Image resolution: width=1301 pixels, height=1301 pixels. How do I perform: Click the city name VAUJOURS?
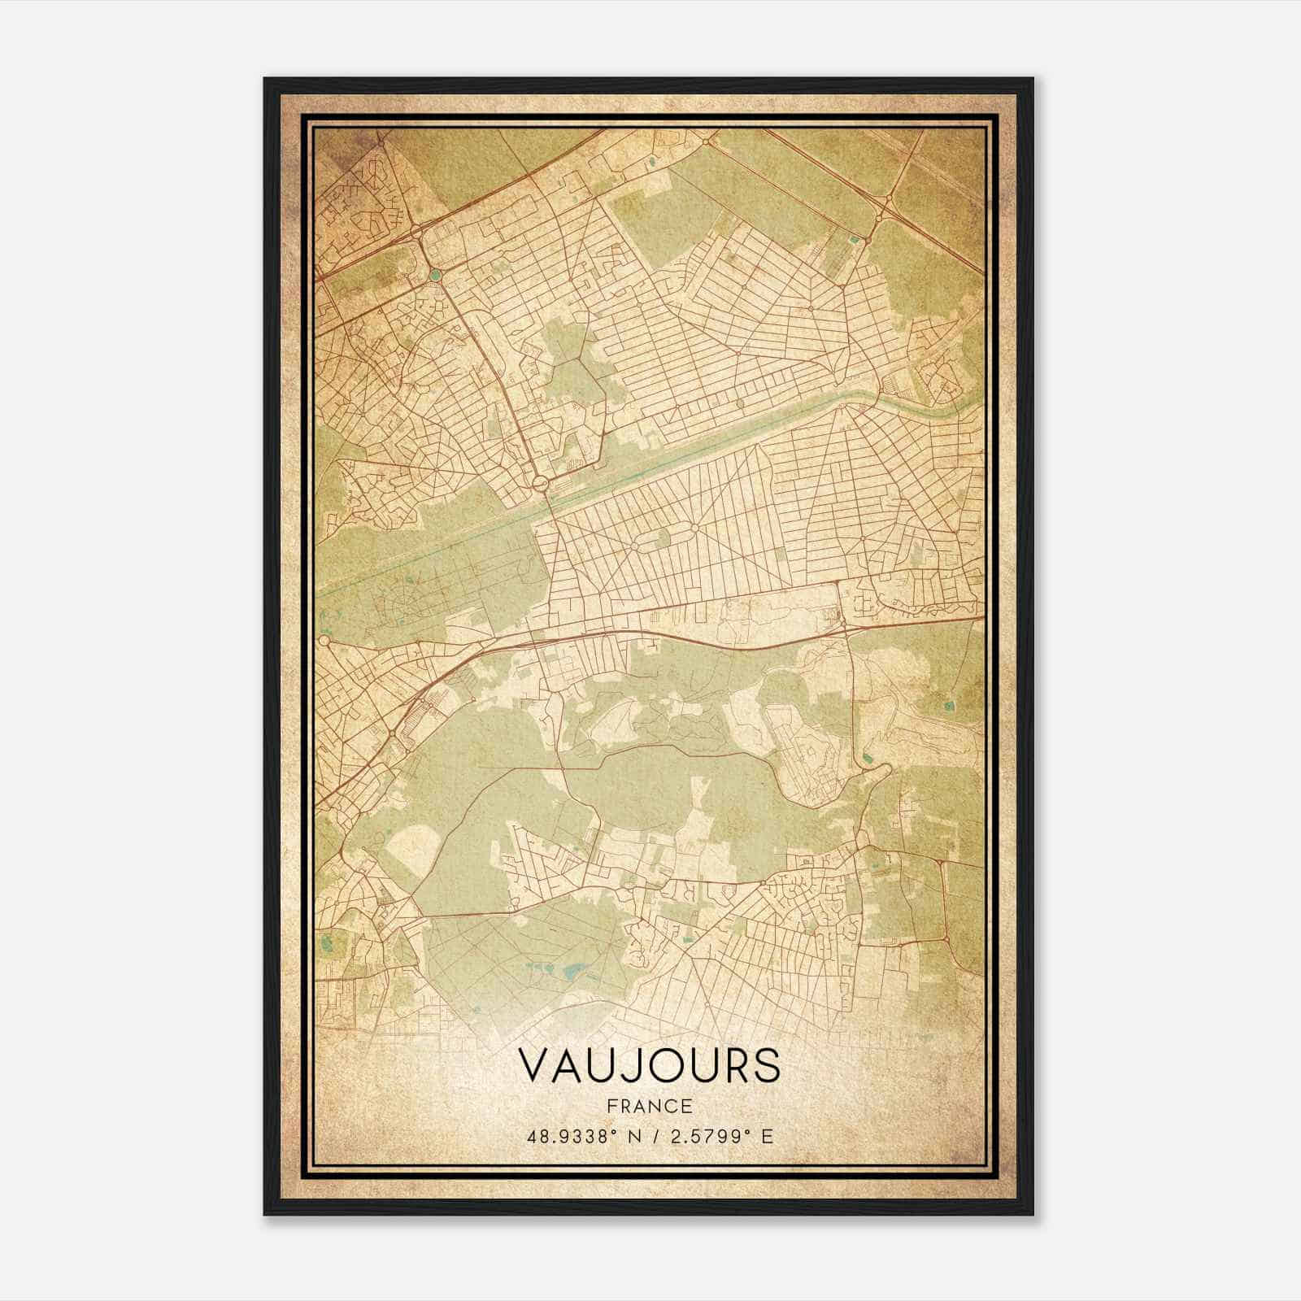[649, 1065]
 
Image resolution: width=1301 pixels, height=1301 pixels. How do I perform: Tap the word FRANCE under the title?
[649, 1106]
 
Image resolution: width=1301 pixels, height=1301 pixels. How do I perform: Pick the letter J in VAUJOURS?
[626, 1065]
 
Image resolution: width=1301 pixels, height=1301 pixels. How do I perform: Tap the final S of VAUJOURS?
[766, 1065]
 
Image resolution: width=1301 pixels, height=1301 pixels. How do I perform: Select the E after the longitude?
[767, 1136]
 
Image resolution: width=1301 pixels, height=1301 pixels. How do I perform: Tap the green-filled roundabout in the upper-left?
[436, 275]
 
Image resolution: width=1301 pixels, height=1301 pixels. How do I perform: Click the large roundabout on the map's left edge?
[324, 642]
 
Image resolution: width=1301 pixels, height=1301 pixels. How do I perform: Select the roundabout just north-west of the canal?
[540, 484]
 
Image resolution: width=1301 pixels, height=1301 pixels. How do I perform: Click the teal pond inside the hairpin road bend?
[868, 758]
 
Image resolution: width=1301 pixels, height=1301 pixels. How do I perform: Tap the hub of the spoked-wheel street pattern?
[696, 527]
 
